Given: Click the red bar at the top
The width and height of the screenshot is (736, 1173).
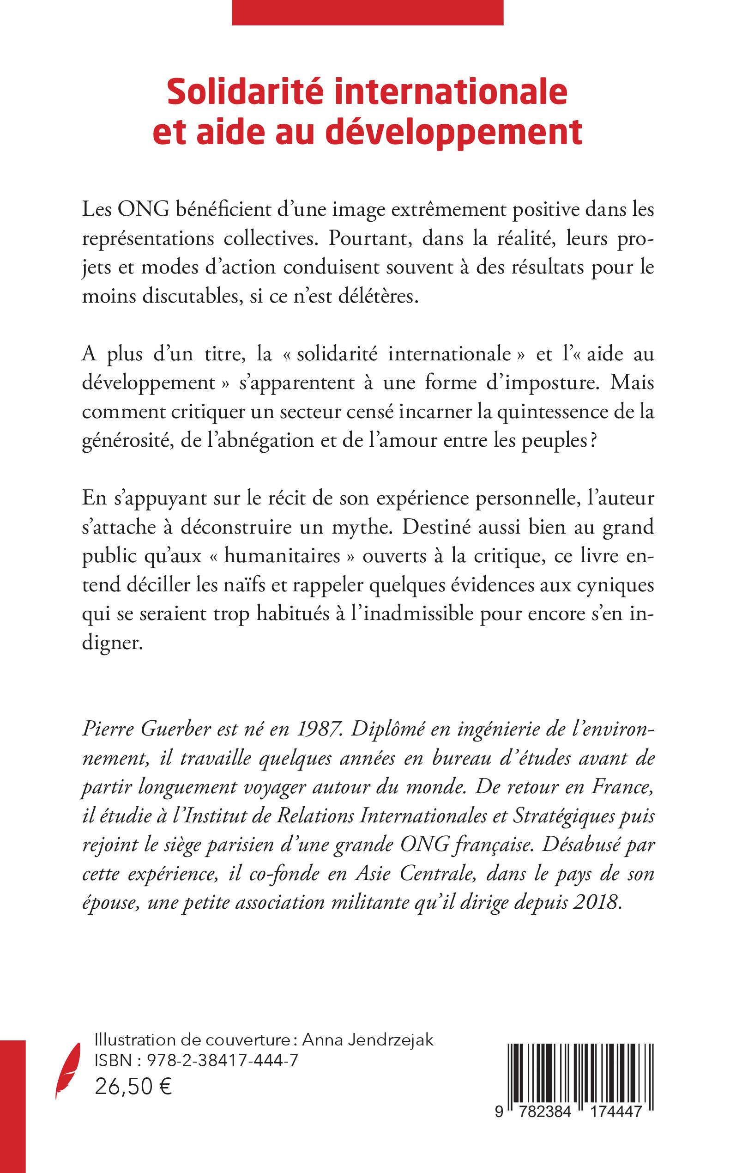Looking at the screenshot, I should pyautogui.click(x=368, y=12).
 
